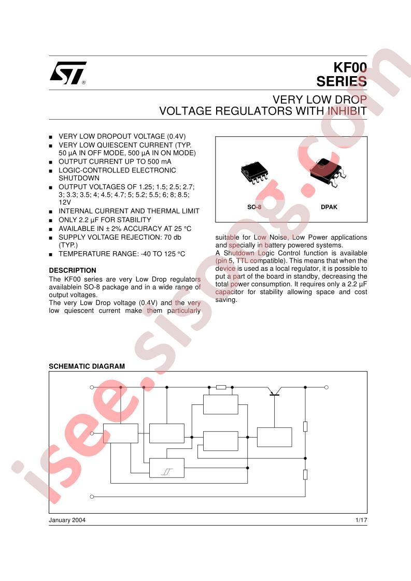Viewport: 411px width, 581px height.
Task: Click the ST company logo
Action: tap(68, 72)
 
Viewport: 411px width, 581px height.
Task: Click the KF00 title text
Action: tap(350, 67)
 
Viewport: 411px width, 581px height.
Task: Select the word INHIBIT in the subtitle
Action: tap(347, 111)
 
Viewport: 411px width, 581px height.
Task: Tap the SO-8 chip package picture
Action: tap(254, 172)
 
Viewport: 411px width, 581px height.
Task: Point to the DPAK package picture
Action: tap(328, 172)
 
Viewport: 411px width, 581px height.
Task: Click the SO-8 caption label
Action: tap(254, 207)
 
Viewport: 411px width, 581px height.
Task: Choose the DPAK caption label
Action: tap(329, 207)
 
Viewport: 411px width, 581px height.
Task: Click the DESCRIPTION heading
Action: tap(73, 270)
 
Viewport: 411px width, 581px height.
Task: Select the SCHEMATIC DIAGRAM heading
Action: tap(87, 366)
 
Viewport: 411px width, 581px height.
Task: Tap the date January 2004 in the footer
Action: tap(67, 520)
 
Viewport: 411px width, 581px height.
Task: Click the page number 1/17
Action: tap(361, 520)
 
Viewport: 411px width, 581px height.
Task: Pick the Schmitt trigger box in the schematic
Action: tap(166, 468)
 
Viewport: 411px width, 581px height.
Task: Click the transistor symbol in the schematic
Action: tap(275, 391)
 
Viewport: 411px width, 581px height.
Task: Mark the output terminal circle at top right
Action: tap(327, 387)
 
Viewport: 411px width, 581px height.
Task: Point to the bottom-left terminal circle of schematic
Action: tap(92, 497)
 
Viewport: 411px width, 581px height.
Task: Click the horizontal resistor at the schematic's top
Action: tap(221, 387)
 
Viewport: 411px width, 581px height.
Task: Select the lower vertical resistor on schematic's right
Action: tap(305, 475)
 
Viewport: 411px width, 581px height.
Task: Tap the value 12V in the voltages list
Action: tap(65, 202)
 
